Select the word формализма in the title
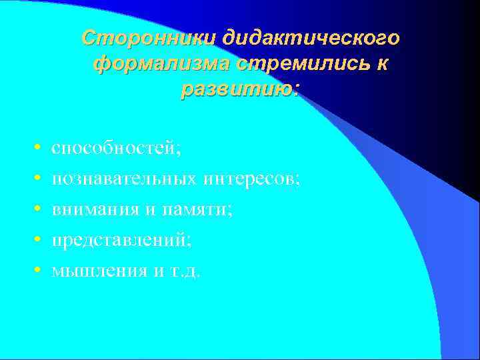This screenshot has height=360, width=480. click(161, 64)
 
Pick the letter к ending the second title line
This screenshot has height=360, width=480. click(382, 64)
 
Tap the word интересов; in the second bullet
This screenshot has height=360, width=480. click(253, 179)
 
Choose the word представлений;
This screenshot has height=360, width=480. click(121, 240)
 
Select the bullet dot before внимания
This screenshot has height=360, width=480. click(39, 209)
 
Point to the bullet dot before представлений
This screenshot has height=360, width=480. click(39, 240)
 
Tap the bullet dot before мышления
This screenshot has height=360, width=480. click(39, 271)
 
